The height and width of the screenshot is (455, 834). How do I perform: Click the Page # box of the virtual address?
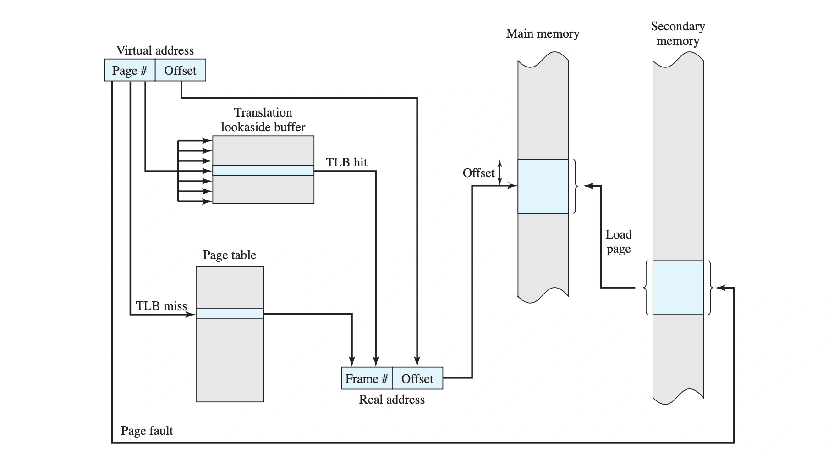[x=130, y=70]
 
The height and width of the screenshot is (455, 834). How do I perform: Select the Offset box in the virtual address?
[x=180, y=70]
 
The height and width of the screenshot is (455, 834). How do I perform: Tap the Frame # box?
[x=367, y=378]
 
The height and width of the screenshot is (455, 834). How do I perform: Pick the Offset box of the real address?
[x=417, y=378]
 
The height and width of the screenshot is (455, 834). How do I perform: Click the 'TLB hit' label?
[x=346, y=162]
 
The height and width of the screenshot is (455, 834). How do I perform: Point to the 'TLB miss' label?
[x=161, y=306]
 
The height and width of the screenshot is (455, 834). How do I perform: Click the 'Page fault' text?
[x=147, y=431]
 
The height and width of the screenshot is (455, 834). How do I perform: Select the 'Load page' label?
[x=619, y=242]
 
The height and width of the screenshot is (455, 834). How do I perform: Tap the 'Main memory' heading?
[x=543, y=33]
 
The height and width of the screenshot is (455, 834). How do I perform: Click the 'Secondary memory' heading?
[x=678, y=33]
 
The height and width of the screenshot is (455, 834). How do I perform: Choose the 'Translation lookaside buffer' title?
[x=263, y=120]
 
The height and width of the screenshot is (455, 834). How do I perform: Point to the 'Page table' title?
[x=229, y=255]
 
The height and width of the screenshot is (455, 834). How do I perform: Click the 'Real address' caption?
[x=392, y=400]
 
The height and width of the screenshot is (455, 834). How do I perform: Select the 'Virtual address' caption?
[x=155, y=50]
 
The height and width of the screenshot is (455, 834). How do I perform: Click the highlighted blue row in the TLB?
[x=263, y=171]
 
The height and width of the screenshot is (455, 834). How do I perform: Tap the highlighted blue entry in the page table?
[x=230, y=314]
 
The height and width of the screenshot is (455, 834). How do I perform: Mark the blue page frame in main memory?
[x=543, y=186]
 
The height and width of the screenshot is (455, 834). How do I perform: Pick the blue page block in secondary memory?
[x=678, y=288]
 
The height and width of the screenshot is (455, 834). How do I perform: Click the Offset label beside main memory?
[x=478, y=173]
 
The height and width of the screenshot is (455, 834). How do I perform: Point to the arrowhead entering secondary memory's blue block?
[x=719, y=288]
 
